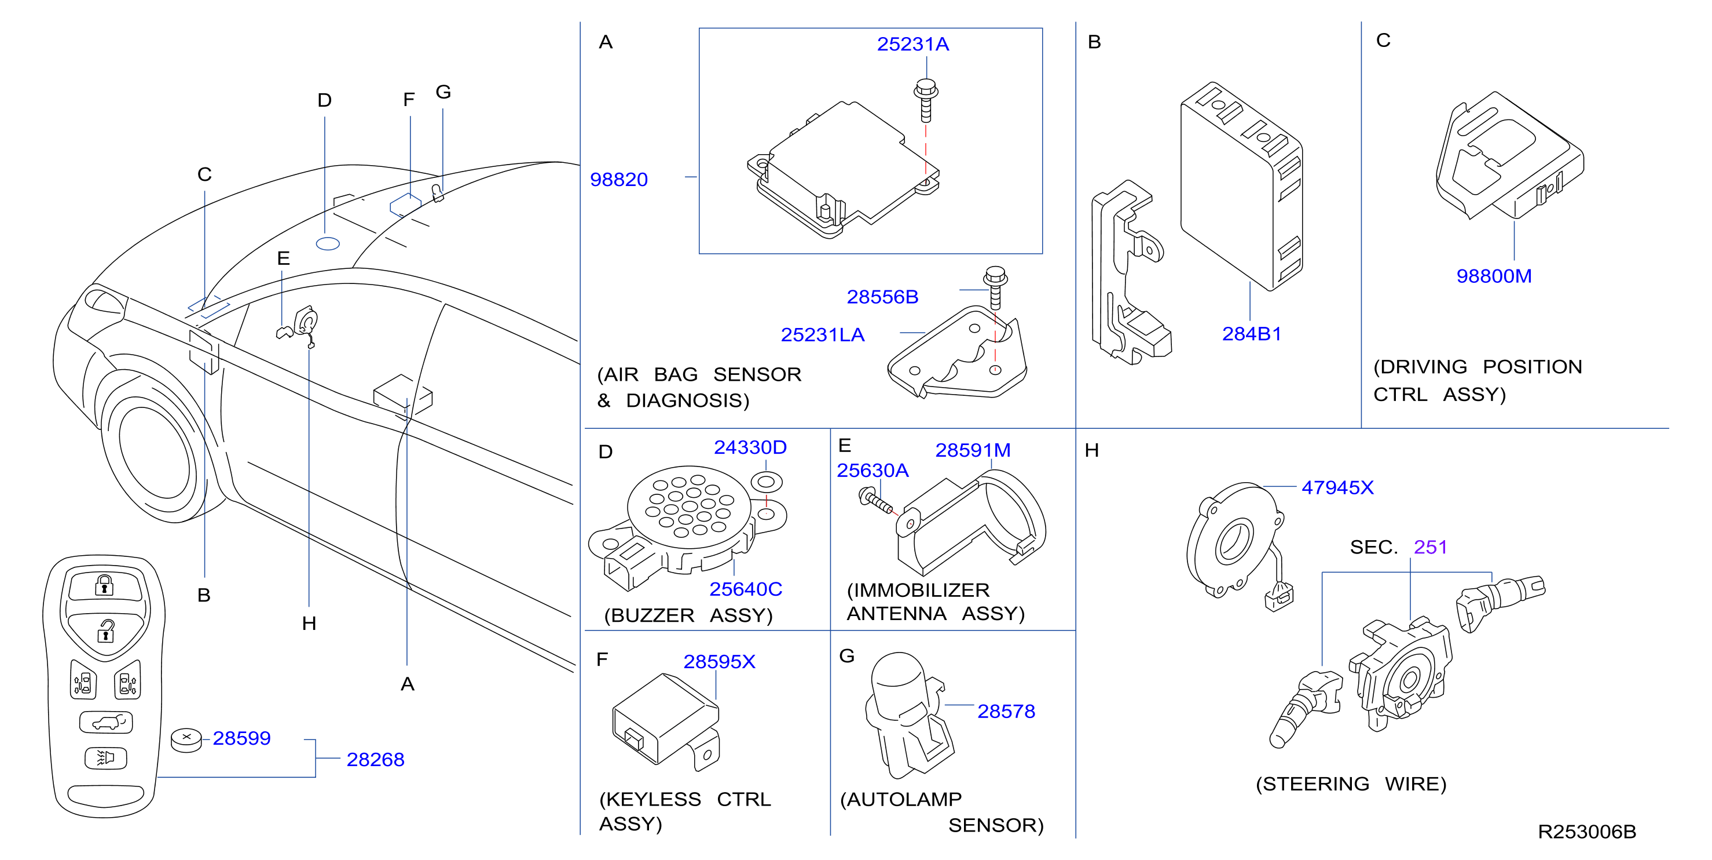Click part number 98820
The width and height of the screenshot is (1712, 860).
(x=619, y=180)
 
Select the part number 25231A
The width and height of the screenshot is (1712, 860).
(x=912, y=44)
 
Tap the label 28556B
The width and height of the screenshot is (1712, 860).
(x=882, y=297)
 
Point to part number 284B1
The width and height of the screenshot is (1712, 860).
(x=1252, y=334)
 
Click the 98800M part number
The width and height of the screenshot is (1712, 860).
(x=1494, y=276)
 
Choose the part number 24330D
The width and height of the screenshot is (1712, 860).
(x=750, y=447)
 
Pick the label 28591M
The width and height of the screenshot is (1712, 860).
(x=973, y=450)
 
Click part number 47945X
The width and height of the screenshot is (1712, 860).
(x=1337, y=487)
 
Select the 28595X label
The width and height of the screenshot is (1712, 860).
(x=719, y=662)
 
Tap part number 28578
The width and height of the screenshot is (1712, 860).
(x=1006, y=712)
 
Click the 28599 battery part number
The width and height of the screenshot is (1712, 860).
(x=241, y=738)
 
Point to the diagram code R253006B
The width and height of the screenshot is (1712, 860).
(x=1587, y=832)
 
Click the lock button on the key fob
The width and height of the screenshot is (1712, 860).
(x=104, y=586)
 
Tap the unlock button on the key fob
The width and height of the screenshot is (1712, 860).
(x=106, y=630)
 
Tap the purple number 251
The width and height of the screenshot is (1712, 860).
(x=1430, y=548)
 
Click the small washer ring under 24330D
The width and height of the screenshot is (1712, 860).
(x=767, y=481)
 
